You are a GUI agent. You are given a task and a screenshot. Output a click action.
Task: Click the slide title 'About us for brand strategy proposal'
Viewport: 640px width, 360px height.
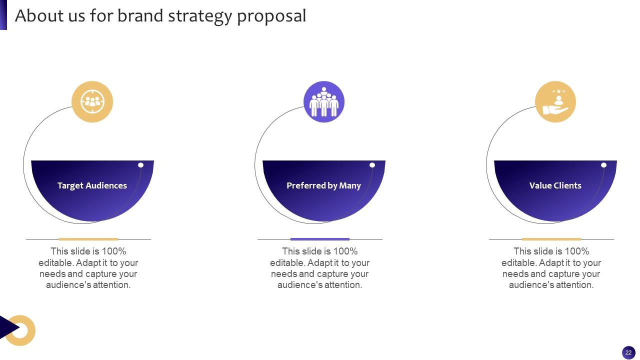click(160, 16)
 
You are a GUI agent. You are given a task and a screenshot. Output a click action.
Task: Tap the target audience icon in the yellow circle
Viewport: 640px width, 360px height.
click(92, 101)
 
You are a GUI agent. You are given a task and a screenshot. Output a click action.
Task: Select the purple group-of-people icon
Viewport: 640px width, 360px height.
click(324, 102)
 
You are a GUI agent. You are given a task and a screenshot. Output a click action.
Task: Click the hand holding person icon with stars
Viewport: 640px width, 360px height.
click(555, 102)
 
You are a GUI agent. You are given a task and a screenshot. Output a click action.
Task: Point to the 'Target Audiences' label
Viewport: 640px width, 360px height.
click(92, 185)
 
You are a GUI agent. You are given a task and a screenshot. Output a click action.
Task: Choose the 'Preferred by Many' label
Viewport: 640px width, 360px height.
click(323, 185)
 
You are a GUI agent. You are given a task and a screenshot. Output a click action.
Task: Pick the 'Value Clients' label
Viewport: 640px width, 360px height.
click(555, 185)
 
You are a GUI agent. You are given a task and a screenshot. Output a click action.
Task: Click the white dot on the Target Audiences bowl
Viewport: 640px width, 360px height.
click(141, 165)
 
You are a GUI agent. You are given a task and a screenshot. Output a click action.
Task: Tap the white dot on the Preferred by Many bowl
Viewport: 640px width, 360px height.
click(372, 165)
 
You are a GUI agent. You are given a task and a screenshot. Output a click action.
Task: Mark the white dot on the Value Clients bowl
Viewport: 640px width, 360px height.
click(604, 165)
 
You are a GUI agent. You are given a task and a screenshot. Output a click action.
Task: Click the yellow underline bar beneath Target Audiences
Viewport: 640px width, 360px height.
click(88, 239)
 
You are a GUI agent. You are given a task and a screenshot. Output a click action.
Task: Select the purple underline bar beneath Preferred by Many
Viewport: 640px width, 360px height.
click(320, 239)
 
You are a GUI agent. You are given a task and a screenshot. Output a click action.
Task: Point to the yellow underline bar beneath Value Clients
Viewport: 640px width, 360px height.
click(551, 239)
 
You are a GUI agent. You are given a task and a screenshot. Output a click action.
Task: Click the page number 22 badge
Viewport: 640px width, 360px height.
click(628, 352)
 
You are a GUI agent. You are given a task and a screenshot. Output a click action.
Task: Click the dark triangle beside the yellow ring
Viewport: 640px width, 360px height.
click(7, 328)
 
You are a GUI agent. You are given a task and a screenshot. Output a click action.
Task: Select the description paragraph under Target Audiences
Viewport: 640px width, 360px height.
click(88, 268)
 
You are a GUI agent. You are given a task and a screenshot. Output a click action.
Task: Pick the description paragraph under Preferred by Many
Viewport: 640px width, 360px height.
click(320, 268)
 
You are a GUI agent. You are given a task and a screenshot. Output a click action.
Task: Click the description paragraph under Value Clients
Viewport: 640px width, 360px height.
click(551, 268)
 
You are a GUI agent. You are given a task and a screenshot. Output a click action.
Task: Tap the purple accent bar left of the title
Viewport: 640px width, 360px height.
click(3, 15)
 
